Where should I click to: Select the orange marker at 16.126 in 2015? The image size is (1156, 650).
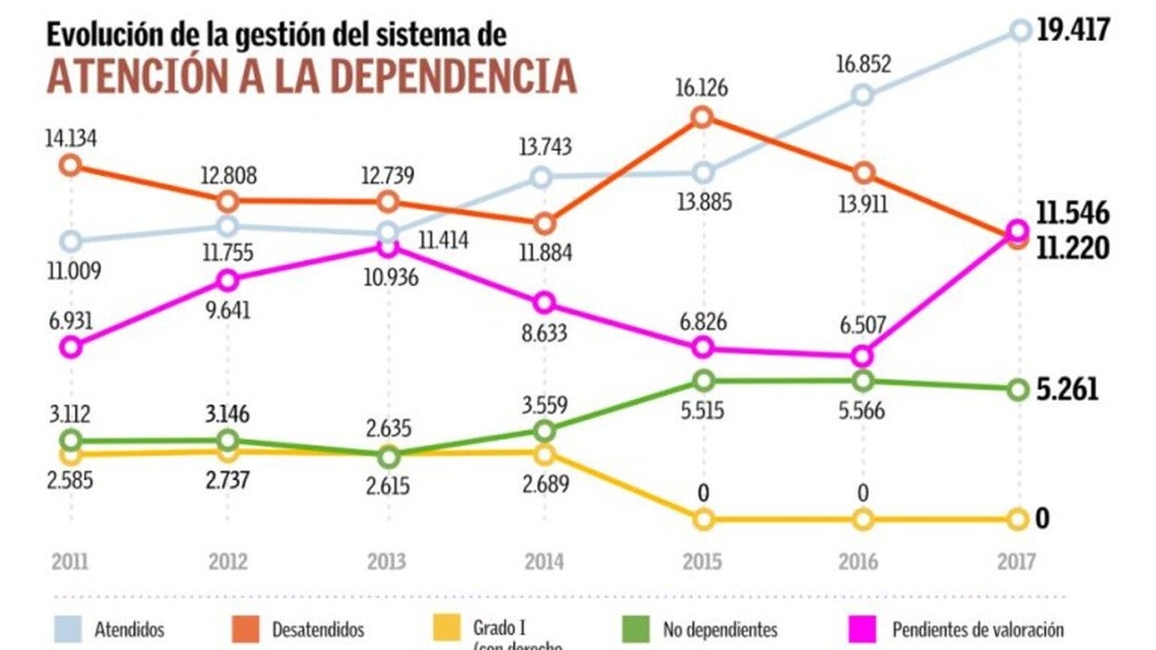tap(702, 117)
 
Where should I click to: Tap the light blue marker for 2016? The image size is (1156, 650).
tap(862, 94)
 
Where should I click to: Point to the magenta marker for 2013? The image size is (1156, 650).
tap(389, 247)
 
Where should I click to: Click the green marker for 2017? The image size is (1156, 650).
tap(1018, 390)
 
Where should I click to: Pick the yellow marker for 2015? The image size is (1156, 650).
tap(703, 519)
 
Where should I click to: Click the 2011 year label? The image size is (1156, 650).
tap(69, 561)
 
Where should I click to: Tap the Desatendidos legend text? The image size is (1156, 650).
tap(318, 631)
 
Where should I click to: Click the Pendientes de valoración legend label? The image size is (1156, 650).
tap(978, 631)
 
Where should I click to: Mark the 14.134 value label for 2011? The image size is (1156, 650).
tap(70, 139)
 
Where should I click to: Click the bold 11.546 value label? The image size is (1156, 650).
tap(1073, 213)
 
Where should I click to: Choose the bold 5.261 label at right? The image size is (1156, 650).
tap(1067, 390)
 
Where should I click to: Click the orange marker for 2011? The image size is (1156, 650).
tap(69, 165)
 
